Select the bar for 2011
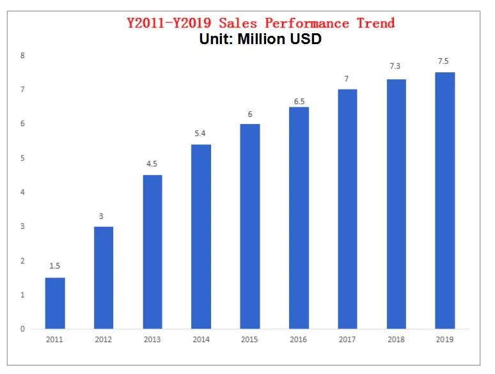click(x=55, y=303)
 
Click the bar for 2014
click(x=201, y=237)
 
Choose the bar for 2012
click(x=104, y=277)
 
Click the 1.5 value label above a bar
click(x=55, y=265)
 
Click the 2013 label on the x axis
click(x=152, y=340)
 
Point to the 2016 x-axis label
click(x=299, y=340)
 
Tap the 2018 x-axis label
click(x=396, y=340)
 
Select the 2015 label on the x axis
click(x=250, y=340)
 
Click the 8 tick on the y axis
click(x=22, y=56)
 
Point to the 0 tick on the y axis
click(x=22, y=329)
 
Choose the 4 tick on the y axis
click(x=22, y=192)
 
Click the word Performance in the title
click(x=307, y=24)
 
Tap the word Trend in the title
click(x=375, y=24)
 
